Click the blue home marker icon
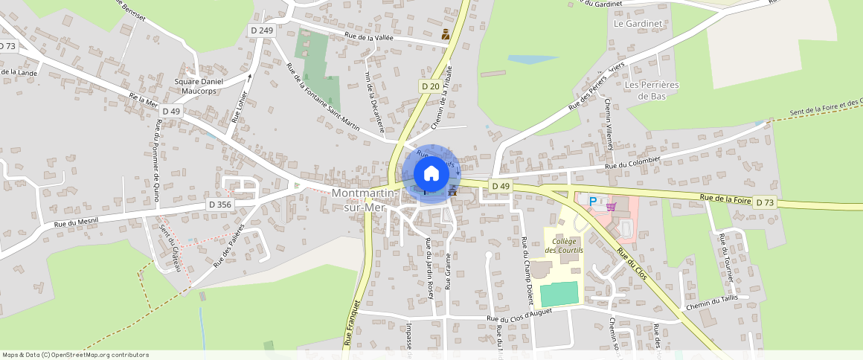click(431, 173)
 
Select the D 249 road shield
click(262, 30)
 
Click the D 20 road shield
click(430, 86)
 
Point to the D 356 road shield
click(220, 205)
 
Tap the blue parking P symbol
click(593, 201)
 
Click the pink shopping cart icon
click(612, 206)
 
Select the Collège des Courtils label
click(565, 245)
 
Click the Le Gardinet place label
click(638, 24)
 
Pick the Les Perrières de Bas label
click(652, 90)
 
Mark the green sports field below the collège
click(558, 293)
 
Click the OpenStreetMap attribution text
click(75, 355)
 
